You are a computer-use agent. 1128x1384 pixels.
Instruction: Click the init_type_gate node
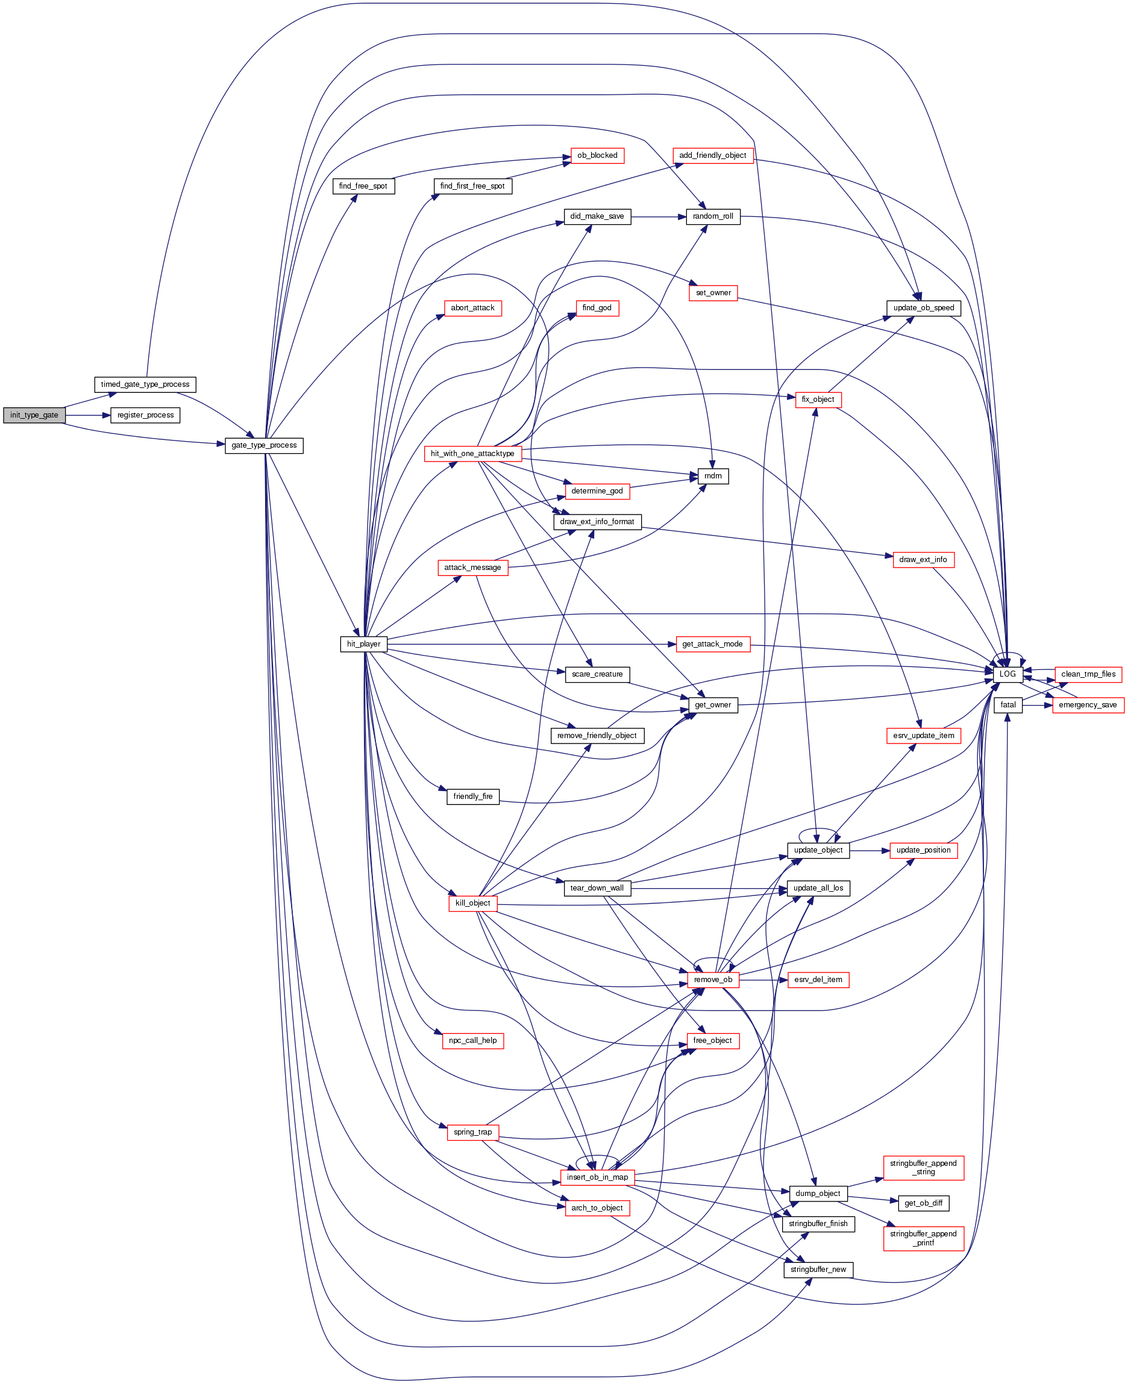tap(34, 415)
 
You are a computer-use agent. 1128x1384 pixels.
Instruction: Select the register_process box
tap(145, 415)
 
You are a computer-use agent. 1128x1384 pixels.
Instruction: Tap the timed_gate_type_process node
tap(145, 384)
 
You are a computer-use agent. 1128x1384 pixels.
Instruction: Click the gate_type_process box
tap(264, 445)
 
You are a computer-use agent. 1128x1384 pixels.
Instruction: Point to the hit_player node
tap(363, 644)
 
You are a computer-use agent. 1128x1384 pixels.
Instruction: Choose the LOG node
tap(1007, 674)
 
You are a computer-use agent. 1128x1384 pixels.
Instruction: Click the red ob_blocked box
tap(597, 155)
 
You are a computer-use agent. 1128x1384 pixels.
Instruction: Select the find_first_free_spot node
tap(472, 186)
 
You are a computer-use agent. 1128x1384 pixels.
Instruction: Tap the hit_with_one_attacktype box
tap(472, 454)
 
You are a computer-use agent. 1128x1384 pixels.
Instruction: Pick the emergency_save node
tap(1088, 704)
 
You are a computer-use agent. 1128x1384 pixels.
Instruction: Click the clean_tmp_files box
tap(1088, 674)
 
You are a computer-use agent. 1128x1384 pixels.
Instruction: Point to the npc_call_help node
tap(472, 1041)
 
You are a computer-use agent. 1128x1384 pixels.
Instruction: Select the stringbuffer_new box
tap(818, 1269)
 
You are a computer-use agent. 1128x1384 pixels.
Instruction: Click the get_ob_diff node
tap(923, 1203)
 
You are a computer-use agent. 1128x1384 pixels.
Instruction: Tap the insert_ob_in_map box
tap(597, 1177)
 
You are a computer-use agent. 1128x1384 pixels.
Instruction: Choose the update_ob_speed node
tap(923, 307)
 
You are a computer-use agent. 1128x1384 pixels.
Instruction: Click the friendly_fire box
tap(472, 796)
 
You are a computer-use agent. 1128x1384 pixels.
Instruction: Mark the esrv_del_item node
tap(818, 979)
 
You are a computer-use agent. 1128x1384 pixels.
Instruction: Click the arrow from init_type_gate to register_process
tap(88, 415)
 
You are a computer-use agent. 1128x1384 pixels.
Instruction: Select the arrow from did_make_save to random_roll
tap(658, 216)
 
